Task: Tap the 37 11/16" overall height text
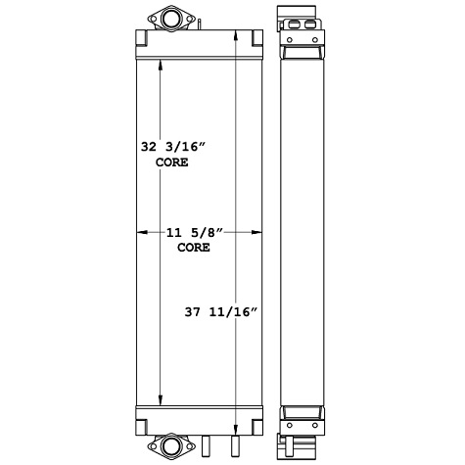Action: pyautogui.click(x=220, y=312)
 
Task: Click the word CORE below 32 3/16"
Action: pyautogui.click(x=173, y=163)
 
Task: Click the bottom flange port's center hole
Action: pyautogui.click(x=173, y=445)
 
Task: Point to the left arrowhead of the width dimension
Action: pyautogui.click(x=139, y=232)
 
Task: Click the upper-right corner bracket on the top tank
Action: pyautogui.click(x=256, y=38)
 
